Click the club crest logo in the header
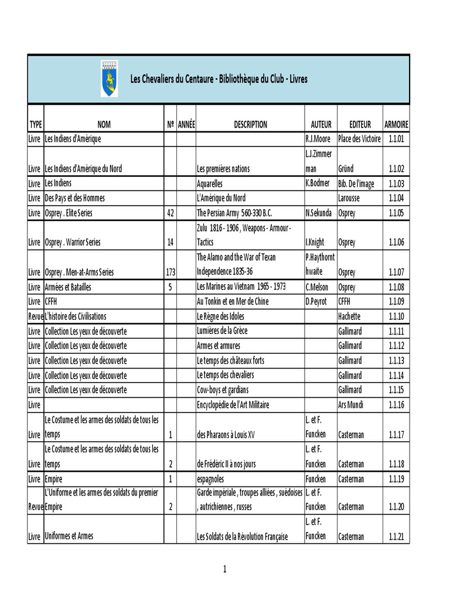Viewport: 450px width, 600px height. point(109,79)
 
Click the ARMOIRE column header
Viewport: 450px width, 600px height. point(397,124)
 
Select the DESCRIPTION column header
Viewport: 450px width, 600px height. point(250,124)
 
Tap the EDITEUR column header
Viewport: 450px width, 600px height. point(360,124)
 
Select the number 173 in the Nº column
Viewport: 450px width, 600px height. point(170,272)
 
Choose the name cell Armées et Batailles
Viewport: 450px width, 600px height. point(68,287)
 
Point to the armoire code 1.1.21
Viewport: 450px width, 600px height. point(397,537)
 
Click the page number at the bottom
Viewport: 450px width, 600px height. point(225,569)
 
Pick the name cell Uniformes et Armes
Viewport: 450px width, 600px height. point(69,536)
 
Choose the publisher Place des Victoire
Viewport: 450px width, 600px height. point(359,139)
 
